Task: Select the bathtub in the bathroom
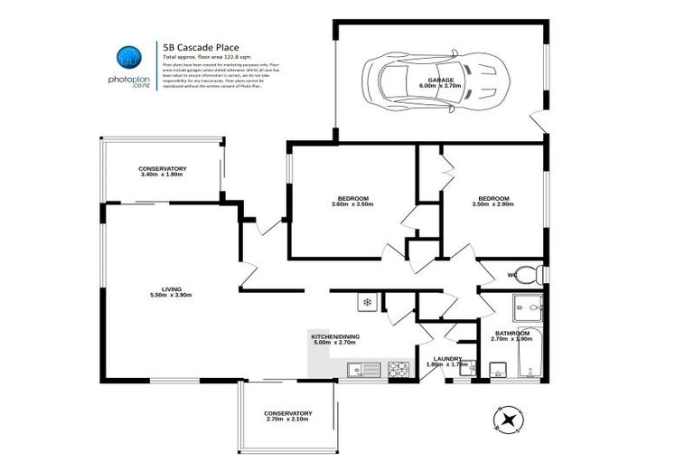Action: (x=530, y=355)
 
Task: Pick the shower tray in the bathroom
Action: (x=527, y=308)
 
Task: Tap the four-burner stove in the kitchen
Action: (x=399, y=368)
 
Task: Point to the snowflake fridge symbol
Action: (x=367, y=301)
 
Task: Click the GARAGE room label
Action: (x=441, y=80)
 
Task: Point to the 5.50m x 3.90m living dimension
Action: (x=170, y=295)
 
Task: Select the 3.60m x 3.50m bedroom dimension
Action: (x=352, y=204)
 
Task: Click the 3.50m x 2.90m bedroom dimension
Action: (x=492, y=204)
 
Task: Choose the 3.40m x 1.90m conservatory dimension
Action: (x=162, y=175)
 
